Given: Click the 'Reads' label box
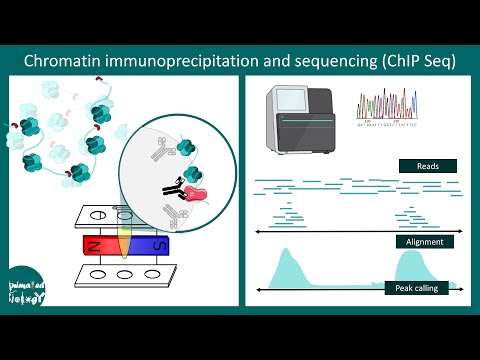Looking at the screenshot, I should point(427,166).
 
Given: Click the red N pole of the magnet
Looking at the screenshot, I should point(99,244).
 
